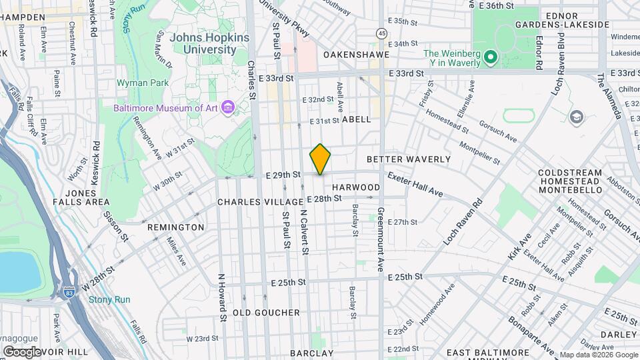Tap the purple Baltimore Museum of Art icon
coord(227,107)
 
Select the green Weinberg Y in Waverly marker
coord(491,58)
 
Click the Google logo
coord(22,351)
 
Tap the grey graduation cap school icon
coord(576,117)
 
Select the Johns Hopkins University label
coord(209,43)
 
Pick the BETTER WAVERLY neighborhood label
coord(409,160)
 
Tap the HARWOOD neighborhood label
coord(356,188)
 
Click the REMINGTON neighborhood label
coord(175,227)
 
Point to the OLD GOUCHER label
coord(266,313)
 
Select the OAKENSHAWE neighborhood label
coord(351,54)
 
